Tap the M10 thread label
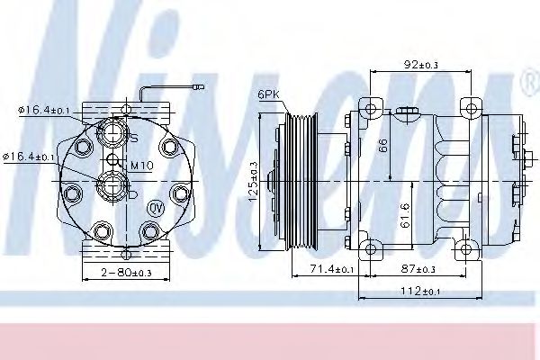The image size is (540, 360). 140,166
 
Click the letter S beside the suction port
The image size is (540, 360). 134,139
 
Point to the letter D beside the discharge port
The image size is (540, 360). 132,192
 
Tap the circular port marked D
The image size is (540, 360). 114,186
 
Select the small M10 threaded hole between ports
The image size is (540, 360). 114,162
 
